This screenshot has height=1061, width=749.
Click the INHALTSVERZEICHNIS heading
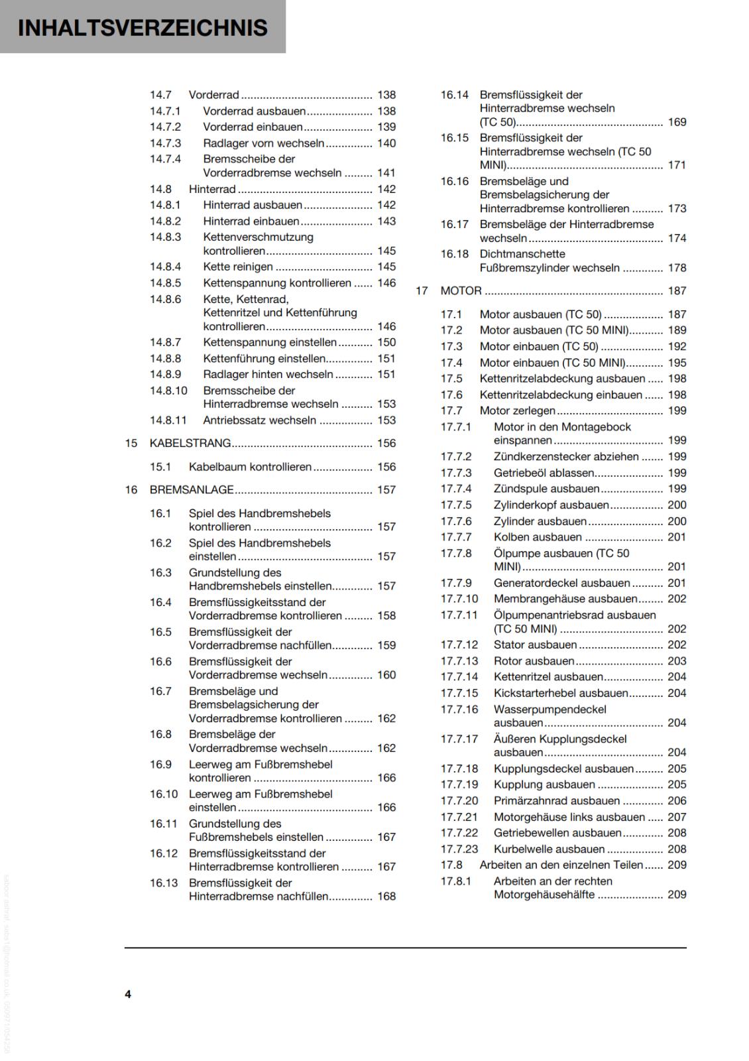pos(143,28)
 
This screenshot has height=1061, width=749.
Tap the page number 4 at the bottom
pos(128,994)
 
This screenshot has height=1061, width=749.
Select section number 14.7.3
pos(165,143)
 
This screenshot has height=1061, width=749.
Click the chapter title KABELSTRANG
pos(190,443)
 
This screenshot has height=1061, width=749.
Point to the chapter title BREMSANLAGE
pos(192,490)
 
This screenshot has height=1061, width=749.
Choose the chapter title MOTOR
pos(461,291)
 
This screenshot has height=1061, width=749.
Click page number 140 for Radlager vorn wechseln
pos(386,143)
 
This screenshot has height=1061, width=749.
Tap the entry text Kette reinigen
pos(238,267)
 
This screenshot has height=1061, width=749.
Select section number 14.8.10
pos(168,391)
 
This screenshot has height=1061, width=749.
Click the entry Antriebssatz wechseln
pos(260,420)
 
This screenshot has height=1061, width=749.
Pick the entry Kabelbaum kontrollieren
pos(250,467)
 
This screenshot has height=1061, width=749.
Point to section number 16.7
pos(160,692)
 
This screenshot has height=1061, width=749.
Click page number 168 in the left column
pos(386,897)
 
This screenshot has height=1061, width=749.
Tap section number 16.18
pos(454,254)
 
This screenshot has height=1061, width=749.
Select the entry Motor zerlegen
pos(517,411)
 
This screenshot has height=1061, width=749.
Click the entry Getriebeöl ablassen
pos(544,473)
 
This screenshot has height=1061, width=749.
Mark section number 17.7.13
pos(459,661)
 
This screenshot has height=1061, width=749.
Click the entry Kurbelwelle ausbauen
pos(549,849)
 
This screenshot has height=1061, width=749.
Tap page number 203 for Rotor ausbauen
pos(677,661)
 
